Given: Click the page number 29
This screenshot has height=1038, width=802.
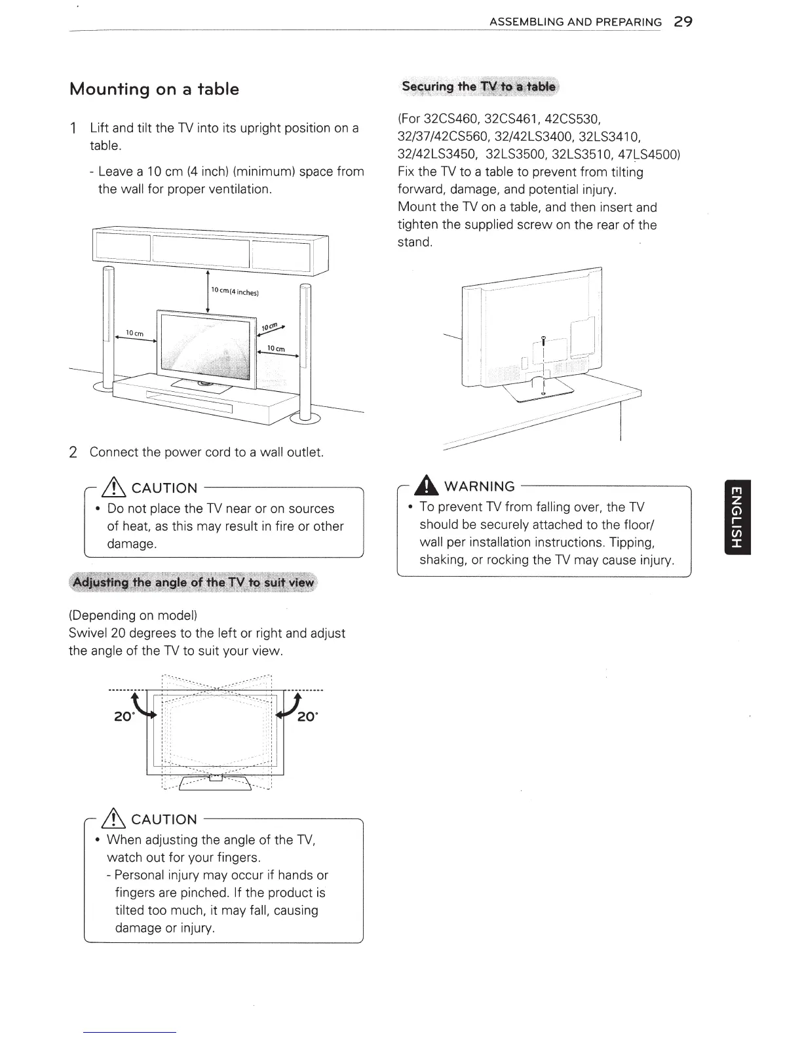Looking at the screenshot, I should pyautogui.click(x=683, y=22).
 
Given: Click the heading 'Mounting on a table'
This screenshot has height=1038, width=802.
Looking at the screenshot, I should pyautogui.click(x=154, y=89).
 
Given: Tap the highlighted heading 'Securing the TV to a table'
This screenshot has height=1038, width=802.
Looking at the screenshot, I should pyautogui.click(x=478, y=86).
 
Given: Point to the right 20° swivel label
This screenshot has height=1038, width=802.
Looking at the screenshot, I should pyautogui.click(x=307, y=717).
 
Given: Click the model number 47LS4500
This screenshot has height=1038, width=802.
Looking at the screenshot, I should pyautogui.click(x=648, y=155).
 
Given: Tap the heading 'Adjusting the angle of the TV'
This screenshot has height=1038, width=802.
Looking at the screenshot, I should pyautogui.click(x=194, y=583).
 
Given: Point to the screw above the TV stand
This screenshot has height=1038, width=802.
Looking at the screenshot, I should pyautogui.click(x=543, y=340).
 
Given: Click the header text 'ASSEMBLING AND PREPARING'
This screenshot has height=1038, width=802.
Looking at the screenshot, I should pyautogui.click(x=575, y=22).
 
